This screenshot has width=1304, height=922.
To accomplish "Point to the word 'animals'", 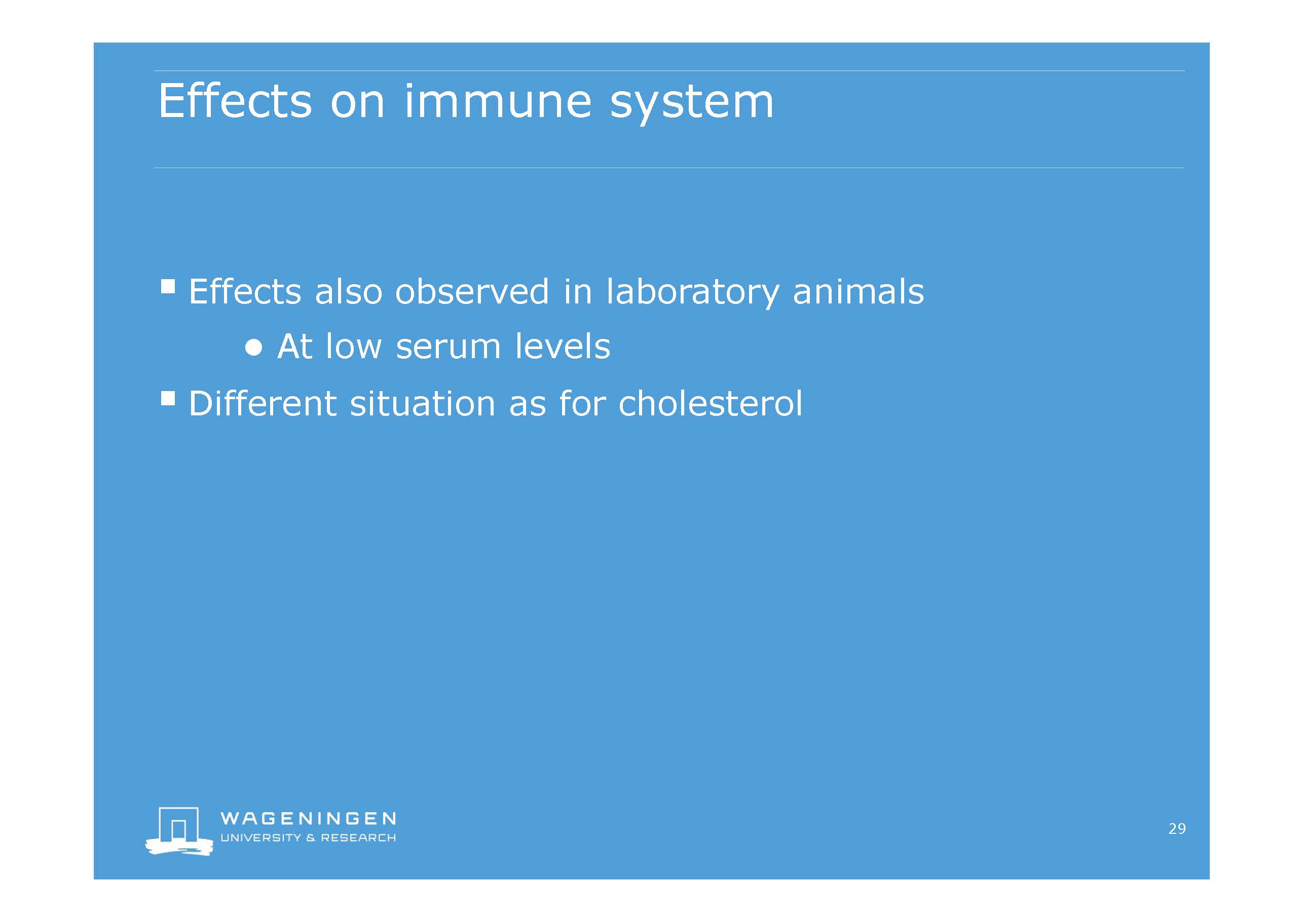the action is tap(858, 292).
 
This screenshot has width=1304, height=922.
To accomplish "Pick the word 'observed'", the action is tap(472, 292).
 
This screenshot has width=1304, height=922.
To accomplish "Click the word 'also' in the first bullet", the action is tap(349, 292).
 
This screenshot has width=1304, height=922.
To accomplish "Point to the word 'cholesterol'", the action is tap(711, 403).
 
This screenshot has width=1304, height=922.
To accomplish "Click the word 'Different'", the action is tap(263, 403).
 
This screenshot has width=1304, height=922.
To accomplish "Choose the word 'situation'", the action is tap(423, 403).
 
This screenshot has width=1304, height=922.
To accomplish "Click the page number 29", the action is tap(1177, 829).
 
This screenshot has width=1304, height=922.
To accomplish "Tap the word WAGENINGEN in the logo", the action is tap(308, 818).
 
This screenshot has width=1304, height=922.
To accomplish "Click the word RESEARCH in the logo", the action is tap(358, 838).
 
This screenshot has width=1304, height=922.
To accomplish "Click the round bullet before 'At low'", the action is tap(254, 348).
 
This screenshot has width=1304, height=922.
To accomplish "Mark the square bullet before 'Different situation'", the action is tap(168, 398).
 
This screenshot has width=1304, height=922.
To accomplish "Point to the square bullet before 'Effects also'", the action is tap(168, 286).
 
